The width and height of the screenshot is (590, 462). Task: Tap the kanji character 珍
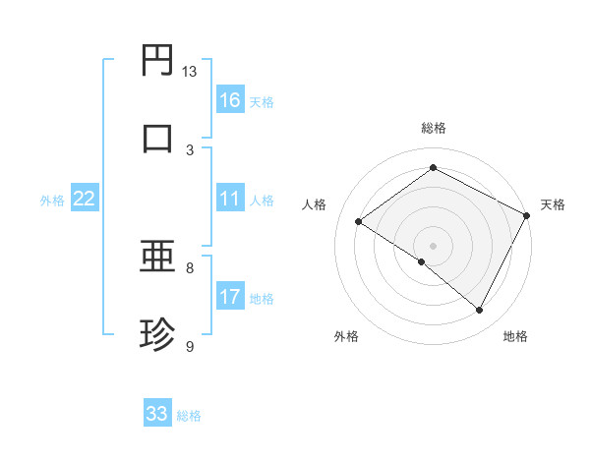[x=157, y=335]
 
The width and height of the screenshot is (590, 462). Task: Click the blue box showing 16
[x=230, y=100]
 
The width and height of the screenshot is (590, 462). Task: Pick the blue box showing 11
[x=230, y=200]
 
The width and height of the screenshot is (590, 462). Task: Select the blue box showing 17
[x=230, y=298]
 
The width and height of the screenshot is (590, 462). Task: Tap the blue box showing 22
[x=85, y=200]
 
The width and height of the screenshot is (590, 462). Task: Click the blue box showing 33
[x=157, y=414]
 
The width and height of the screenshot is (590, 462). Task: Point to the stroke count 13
[x=190, y=72]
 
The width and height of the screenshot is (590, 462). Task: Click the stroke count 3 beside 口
[x=190, y=149]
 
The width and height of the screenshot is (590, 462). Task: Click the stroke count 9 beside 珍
[x=190, y=346]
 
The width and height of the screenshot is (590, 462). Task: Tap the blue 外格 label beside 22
[x=52, y=201]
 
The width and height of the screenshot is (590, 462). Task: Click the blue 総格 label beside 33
[x=189, y=416]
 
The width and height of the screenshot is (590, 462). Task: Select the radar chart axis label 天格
[x=553, y=204]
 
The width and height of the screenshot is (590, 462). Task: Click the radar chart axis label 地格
[x=515, y=336]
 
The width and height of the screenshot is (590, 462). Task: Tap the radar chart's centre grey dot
[x=433, y=244]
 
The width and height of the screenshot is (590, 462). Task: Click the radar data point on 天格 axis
[x=526, y=214]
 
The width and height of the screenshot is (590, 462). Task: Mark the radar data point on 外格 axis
[x=422, y=261]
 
